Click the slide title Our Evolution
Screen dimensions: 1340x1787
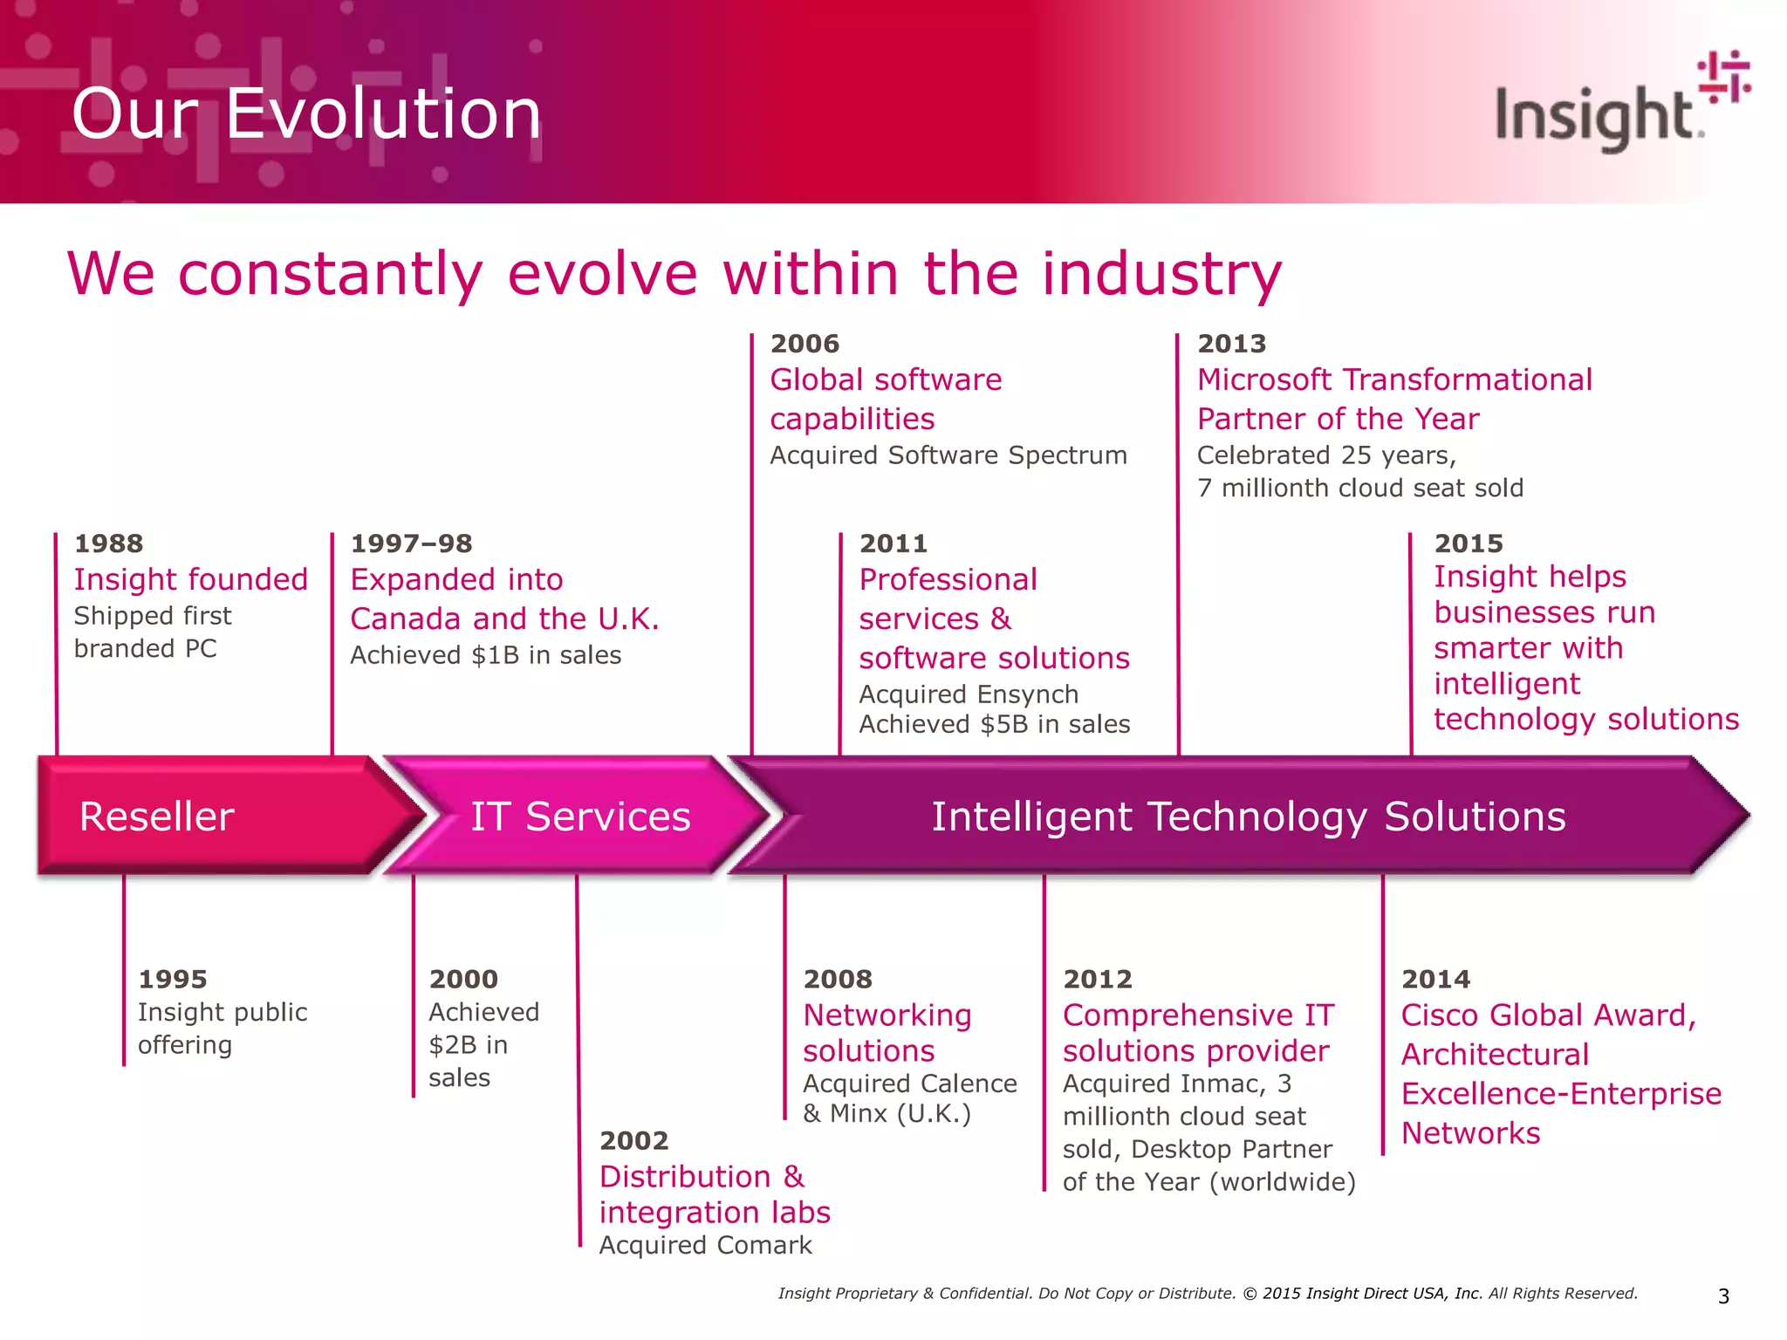point(306,114)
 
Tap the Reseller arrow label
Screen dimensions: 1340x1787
point(156,817)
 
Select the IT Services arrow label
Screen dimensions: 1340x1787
point(580,817)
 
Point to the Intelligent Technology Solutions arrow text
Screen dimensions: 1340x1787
point(1248,817)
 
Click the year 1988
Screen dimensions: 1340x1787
point(108,544)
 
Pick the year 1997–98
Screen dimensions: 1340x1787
point(411,544)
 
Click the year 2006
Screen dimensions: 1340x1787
point(804,344)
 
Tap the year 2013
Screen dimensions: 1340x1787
point(1231,344)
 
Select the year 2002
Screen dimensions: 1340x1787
point(634,1140)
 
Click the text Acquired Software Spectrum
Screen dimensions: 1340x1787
point(948,455)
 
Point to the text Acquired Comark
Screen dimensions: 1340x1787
point(705,1245)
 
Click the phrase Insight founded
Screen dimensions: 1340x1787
point(191,579)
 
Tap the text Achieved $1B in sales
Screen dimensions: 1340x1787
point(486,655)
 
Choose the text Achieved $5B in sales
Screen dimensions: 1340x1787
point(995,724)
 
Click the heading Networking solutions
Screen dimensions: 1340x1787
point(887,1033)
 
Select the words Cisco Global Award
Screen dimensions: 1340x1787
point(1549,1015)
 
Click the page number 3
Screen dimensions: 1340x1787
point(1723,1296)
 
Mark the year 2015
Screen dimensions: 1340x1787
point(1469,544)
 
